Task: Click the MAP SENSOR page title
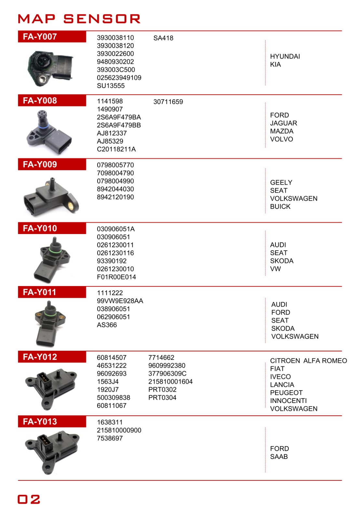click(x=79, y=19)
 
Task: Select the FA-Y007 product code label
click(x=40, y=37)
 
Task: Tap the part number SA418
click(x=163, y=38)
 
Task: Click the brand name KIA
click(x=275, y=64)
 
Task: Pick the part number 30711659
click(x=168, y=102)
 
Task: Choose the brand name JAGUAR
click(x=284, y=123)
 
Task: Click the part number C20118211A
click(x=116, y=149)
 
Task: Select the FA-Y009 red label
click(x=40, y=164)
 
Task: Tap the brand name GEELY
click(x=281, y=182)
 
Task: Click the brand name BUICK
click(x=280, y=206)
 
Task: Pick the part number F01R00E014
click(x=116, y=277)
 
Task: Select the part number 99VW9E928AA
click(x=120, y=301)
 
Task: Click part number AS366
click(x=107, y=325)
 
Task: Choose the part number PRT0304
click(x=162, y=397)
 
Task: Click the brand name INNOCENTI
click(x=288, y=401)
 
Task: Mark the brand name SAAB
click(x=279, y=457)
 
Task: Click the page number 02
click(x=29, y=499)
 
